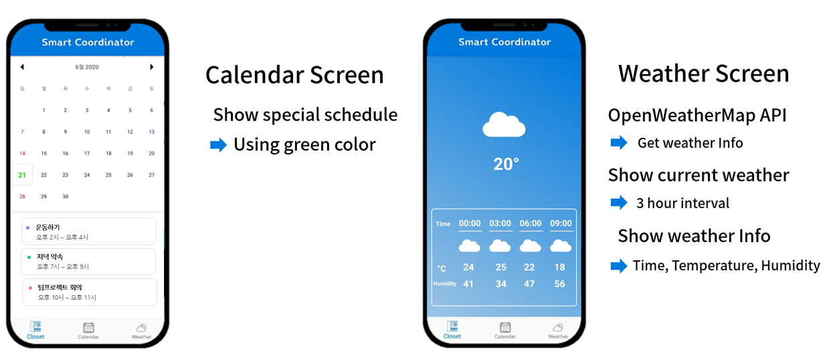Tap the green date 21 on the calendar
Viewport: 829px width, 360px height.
(x=22, y=175)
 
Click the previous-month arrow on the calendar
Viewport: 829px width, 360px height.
(x=22, y=67)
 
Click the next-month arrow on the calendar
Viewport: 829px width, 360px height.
(x=152, y=67)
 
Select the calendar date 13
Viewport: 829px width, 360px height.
(x=152, y=132)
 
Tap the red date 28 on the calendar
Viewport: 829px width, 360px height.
(x=22, y=196)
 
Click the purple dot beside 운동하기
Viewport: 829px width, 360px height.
(x=27, y=228)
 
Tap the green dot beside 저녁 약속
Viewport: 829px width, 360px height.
(x=29, y=257)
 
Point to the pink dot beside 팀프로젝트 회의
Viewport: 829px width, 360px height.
(x=30, y=288)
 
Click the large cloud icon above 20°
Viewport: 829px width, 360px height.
(x=504, y=125)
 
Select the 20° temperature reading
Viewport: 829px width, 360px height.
(x=506, y=164)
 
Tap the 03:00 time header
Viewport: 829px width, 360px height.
(x=500, y=223)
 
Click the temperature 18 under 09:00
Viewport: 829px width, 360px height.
(x=560, y=267)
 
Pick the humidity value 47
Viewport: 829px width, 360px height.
(x=529, y=284)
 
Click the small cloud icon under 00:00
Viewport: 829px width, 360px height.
(x=469, y=246)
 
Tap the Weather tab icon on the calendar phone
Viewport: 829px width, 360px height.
(x=141, y=327)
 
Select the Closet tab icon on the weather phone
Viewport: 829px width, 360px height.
(x=452, y=327)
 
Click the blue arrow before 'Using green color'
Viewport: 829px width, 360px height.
(x=218, y=145)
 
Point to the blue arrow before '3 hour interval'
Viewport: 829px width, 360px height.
(x=619, y=203)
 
